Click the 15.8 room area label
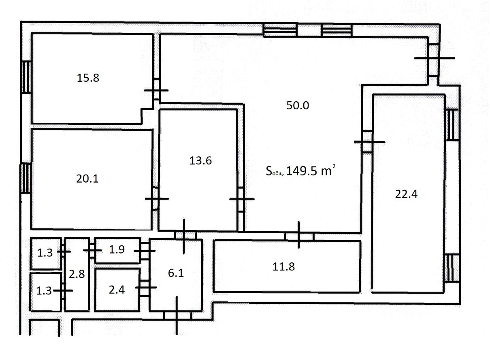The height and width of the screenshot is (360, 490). (x=88, y=78)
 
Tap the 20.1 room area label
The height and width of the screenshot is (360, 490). (x=87, y=179)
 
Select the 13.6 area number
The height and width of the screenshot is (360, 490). (x=200, y=160)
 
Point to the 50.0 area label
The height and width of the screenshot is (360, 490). (x=298, y=105)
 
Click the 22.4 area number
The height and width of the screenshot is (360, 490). (x=406, y=194)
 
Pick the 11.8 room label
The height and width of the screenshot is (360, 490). (x=283, y=266)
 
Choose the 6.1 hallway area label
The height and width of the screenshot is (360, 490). (x=176, y=273)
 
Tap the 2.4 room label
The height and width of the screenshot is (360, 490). (x=117, y=290)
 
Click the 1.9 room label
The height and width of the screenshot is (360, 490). (x=117, y=249)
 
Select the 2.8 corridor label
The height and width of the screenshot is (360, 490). (x=77, y=274)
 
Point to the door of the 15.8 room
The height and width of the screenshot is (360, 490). (x=156, y=90)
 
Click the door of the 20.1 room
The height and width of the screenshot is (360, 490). (x=157, y=198)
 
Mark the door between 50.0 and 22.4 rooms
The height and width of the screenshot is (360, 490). (x=369, y=142)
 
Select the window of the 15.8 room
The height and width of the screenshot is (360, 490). (x=27, y=77)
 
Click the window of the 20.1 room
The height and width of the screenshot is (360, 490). (x=26, y=178)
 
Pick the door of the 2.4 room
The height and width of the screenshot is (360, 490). (x=145, y=288)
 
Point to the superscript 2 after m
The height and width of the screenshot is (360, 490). (x=334, y=166)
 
